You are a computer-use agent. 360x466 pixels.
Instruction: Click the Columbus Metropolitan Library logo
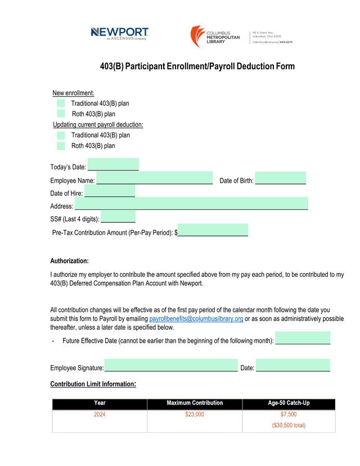pyautogui.click(x=215, y=37)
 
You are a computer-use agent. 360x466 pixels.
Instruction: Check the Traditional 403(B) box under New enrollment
pyautogui.click(x=61, y=103)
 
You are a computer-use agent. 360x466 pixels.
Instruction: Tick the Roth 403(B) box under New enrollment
pyautogui.click(x=61, y=114)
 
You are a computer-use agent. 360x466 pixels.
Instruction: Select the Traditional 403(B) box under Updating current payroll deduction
pyautogui.click(x=61, y=135)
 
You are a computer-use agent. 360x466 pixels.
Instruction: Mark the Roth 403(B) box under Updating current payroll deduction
pyautogui.click(x=61, y=146)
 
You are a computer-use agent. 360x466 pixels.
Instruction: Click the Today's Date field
pyautogui.click(x=113, y=165)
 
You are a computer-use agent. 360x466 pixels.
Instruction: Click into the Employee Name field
pyautogui.click(x=155, y=178)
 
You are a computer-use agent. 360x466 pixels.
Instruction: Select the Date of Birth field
pyautogui.click(x=280, y=178)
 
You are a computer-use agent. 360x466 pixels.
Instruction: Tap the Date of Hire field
pyautogui.click(x=110, y=192)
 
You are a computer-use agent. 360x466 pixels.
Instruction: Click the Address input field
pyautogui.click(x=191, y=204)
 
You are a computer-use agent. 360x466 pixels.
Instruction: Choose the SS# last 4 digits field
pyautogui.click(x=118, y=217)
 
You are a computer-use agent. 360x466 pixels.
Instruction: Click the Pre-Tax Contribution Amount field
pyautogui.click(x=213, y=230)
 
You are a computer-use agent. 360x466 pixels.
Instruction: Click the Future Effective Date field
pyautogui.click(x=303, y=339)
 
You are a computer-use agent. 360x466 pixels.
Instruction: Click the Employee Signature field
pyautogui.click(x=171, y=366)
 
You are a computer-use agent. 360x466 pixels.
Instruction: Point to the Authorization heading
pyautogui.click(x=69, y=261)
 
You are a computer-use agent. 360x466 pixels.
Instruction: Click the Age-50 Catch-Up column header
pyautogui.click(x=289, y=404)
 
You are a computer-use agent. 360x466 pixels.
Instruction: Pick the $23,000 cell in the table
pyautogui.click(x=195, y=415)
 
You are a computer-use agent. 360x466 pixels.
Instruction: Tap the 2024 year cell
pyautogui.click(x=100, y=415)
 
